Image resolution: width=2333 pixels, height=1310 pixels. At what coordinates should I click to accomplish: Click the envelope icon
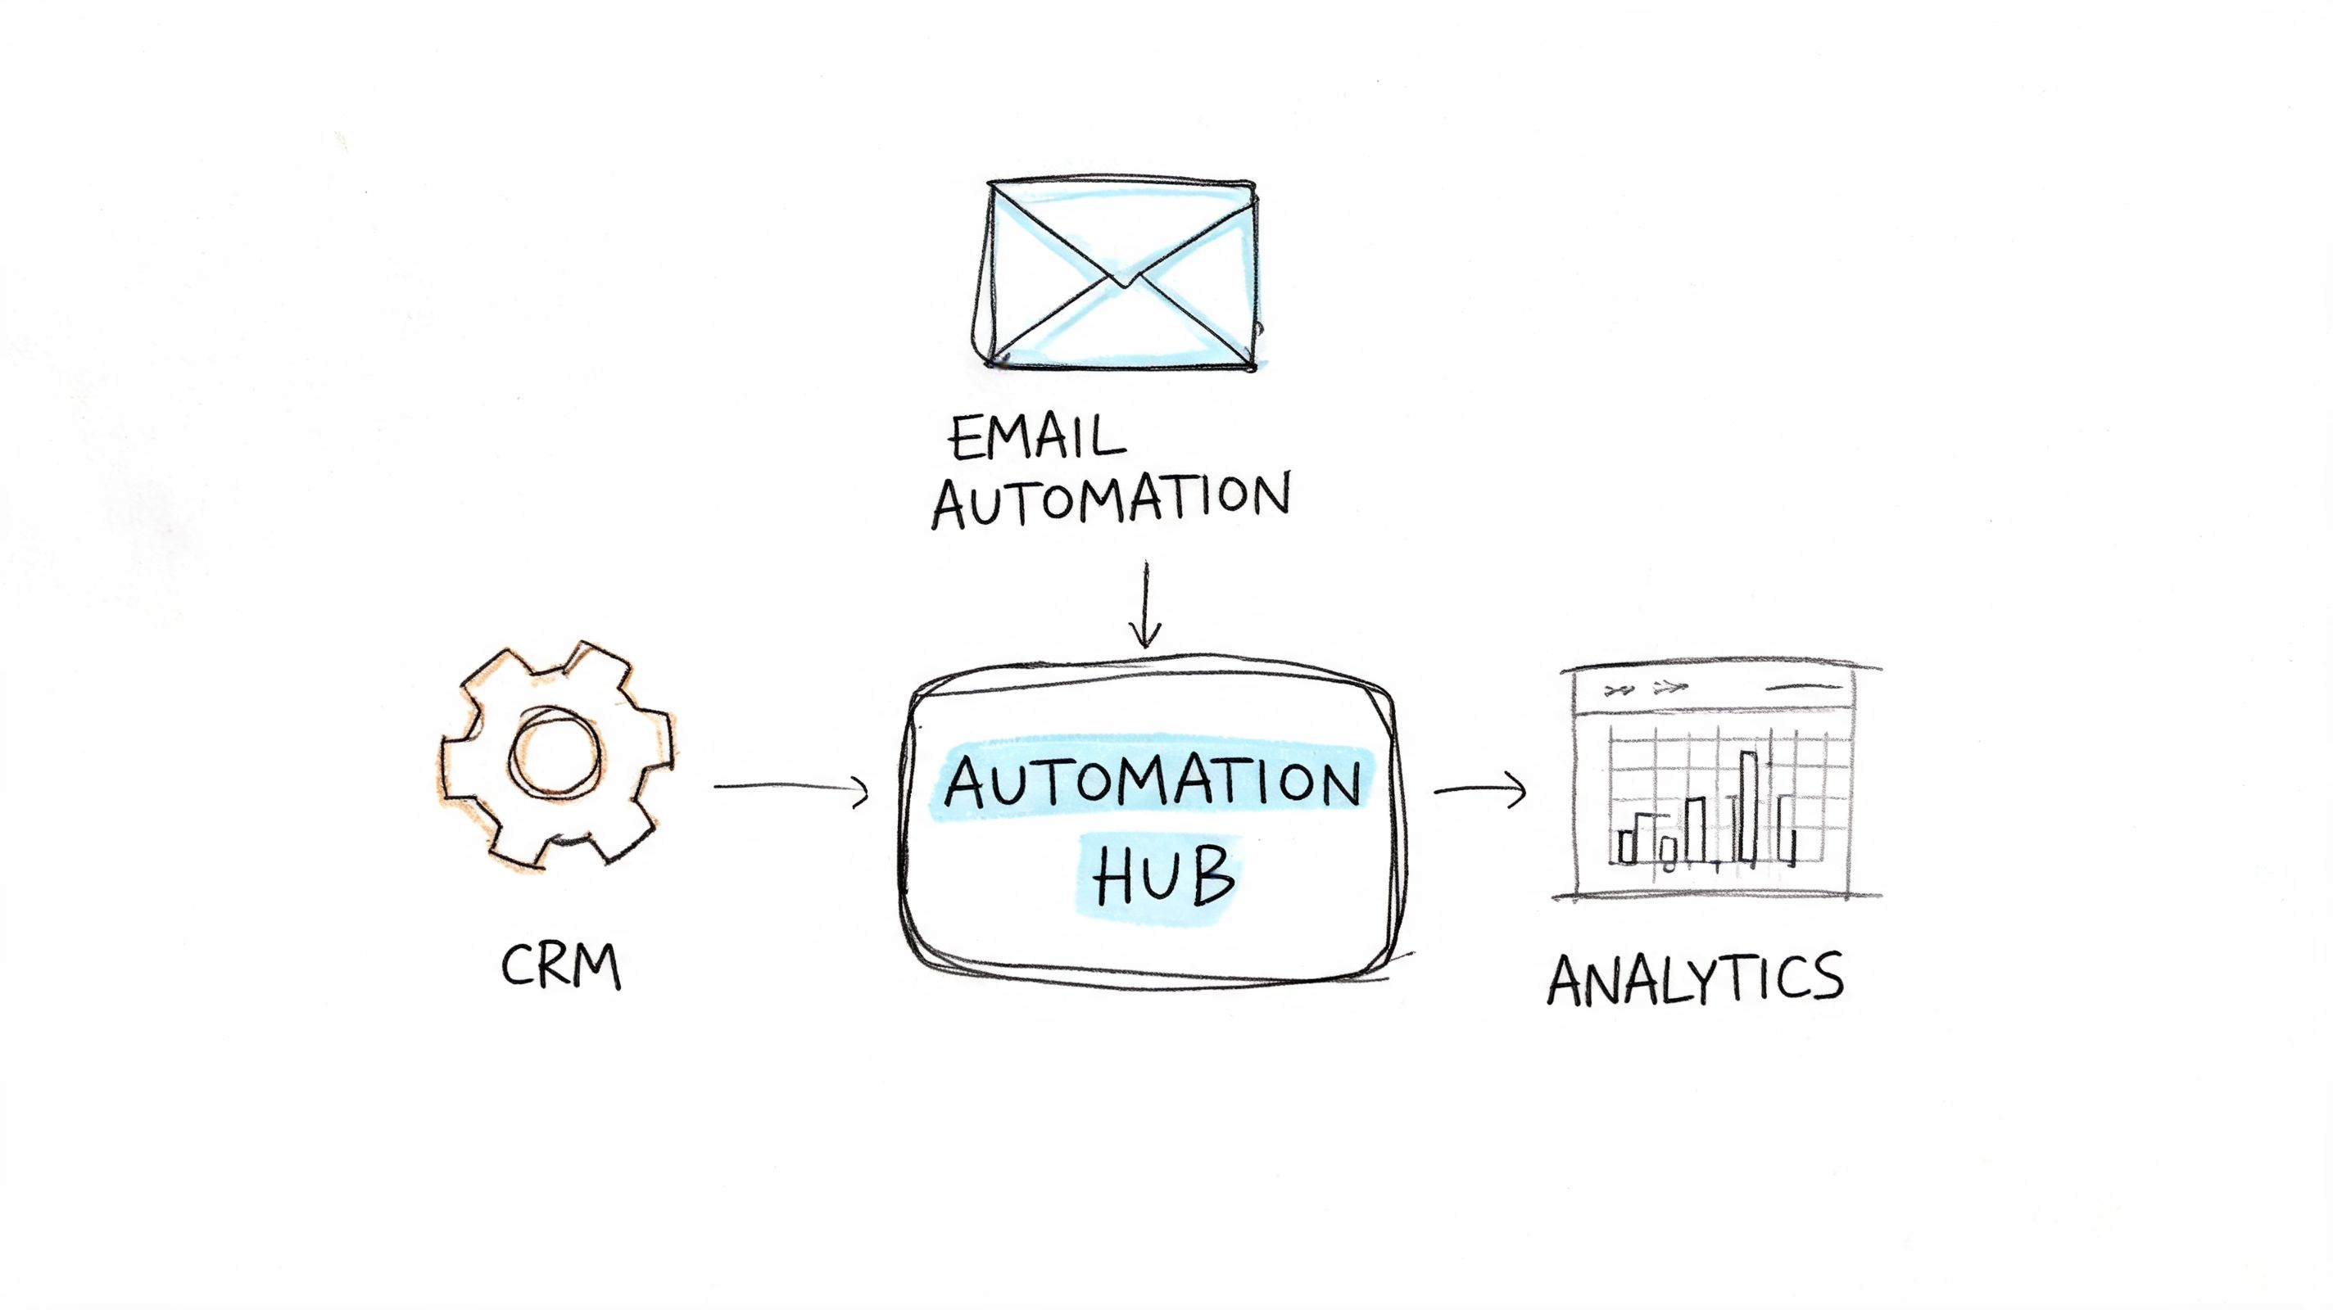click(1121, 275)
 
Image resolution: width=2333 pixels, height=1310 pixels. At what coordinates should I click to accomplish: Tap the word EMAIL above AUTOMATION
click(1038, 438)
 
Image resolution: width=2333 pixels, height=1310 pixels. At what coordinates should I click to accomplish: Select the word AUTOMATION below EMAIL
click(1112, 499)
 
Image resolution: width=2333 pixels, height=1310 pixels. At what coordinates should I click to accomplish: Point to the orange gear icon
click(557, 755)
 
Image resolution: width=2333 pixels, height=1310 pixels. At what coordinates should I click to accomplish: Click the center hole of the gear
click(555, 754)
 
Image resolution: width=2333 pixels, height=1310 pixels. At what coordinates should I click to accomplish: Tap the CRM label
click(561, 966)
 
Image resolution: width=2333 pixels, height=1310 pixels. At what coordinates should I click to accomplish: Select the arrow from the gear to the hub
click(791, 788)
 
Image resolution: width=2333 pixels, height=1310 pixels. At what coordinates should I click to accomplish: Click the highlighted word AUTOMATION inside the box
click(1152, 783)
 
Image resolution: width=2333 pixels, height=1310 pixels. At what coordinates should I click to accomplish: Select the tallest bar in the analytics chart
click(1749, 806)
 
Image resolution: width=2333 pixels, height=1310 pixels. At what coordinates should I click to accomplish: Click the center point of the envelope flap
click(1123, 282)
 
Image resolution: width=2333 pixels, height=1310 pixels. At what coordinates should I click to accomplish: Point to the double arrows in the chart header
click(1646, 689)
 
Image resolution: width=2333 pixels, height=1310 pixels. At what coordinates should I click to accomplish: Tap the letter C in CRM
click(517, 966)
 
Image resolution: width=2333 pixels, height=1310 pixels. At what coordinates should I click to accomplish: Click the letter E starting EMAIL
click(966, 440)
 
